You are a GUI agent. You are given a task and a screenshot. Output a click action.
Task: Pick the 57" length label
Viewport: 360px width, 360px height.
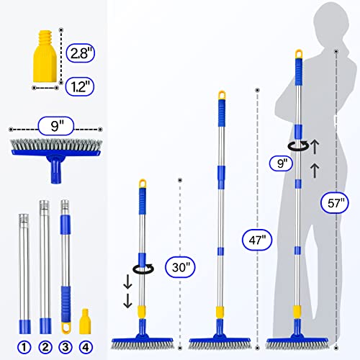pyautogui.click(x=328, y=204)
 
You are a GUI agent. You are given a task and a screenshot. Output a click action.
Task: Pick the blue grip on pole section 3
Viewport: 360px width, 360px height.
pyautogui.click(x=67, y=298)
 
